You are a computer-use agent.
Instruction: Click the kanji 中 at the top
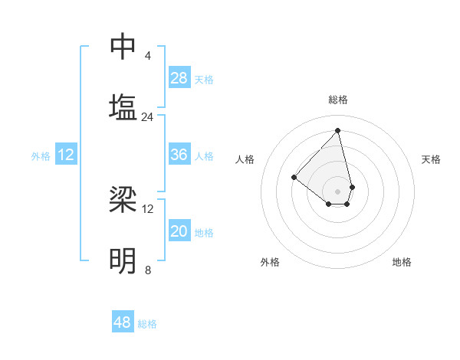tap(123, 47)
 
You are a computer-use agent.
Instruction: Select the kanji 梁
tap(123, 200)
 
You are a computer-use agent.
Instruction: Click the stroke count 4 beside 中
tap(148, 56)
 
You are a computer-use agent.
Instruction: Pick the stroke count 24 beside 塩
tap(148, 117)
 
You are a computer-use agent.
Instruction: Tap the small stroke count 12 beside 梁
tap(148, 208)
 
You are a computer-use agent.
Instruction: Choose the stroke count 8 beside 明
tap(148, 270)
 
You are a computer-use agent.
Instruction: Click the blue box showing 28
tap(179, 78)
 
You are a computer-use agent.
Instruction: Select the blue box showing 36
tap(179, 155)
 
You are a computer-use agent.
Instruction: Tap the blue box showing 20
tap(179, 231)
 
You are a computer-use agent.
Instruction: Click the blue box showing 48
tap(123, 322)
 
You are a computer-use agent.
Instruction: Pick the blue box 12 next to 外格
tap(66, 155)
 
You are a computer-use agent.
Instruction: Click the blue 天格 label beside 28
tap(204, 80)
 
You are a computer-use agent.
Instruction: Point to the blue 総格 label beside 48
tap(147, 324)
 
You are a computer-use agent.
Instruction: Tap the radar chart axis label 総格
tap(338, 100)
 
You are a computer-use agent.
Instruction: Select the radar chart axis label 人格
tap(245, 159)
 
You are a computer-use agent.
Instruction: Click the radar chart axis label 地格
tap(402, 262)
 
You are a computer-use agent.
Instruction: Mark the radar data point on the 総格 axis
tap(337, 131)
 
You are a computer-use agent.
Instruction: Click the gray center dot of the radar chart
tap(337, 191)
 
